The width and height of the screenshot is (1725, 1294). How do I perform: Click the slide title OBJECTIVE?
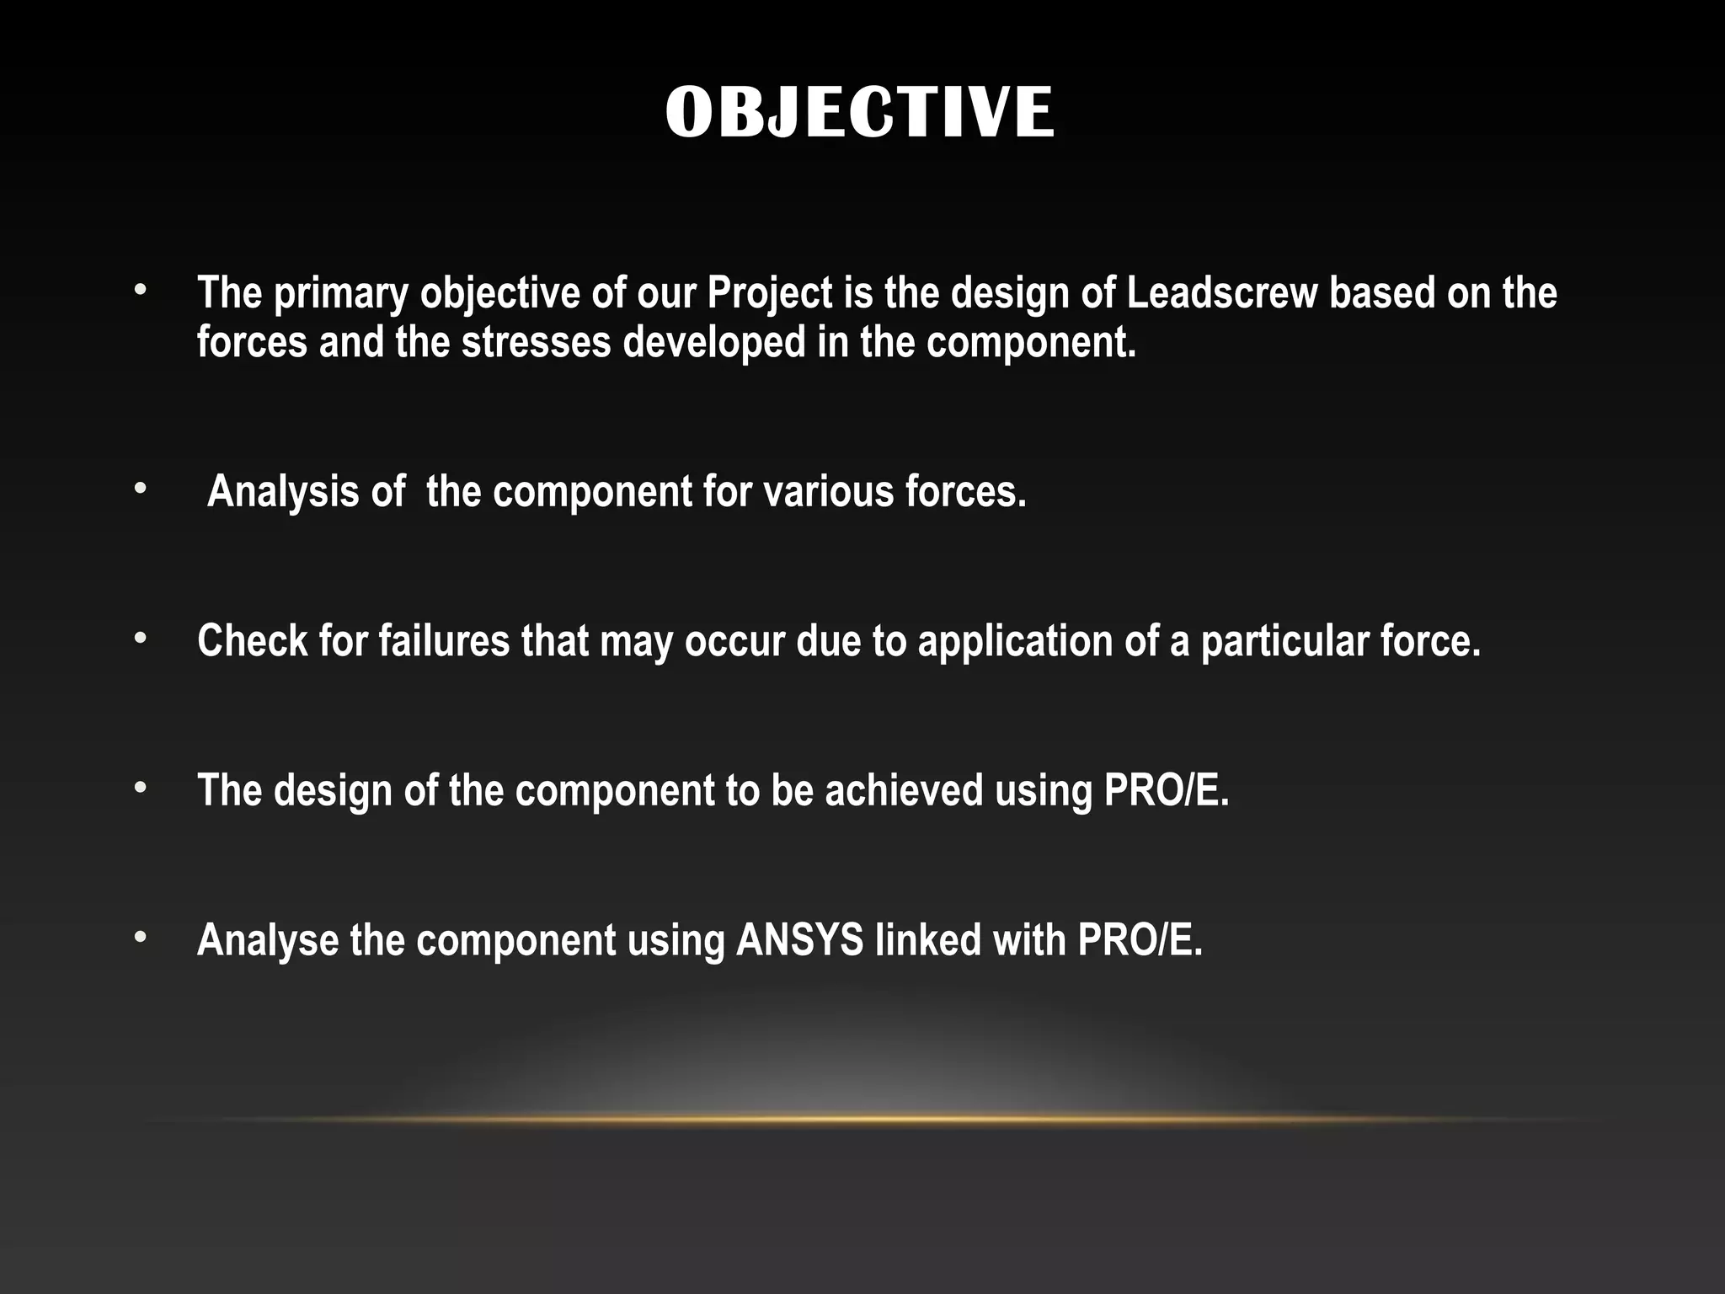click(859, 112)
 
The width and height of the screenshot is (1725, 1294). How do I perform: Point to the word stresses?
click(536, 342)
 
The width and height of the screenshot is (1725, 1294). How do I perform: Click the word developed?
click(713, 344)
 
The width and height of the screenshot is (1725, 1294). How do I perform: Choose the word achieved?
click(904, 790)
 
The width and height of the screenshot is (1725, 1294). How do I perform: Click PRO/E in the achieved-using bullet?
click(1167, 790)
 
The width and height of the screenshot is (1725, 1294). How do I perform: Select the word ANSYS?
click(799, 940)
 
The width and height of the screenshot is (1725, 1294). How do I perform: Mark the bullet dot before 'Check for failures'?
click(140, 639)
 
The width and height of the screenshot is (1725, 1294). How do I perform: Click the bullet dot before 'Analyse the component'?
click(140, 938)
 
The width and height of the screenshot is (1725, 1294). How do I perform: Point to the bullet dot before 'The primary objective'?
click(140, 291)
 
